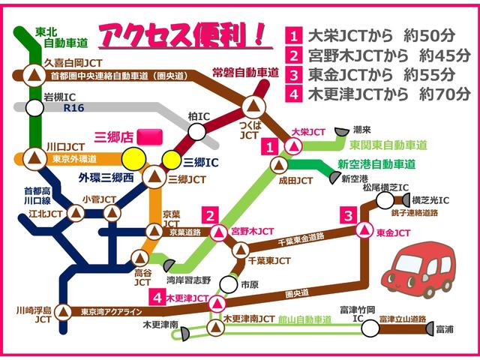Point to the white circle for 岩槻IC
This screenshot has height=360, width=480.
pyautogui.click(x=34, y=107)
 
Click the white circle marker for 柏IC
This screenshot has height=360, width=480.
pyautogui.click(x=196, y=132)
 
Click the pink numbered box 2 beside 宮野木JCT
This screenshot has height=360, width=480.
pyautogui.click(x=212, y=215)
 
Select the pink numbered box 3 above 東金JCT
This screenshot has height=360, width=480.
pyautogui.click(x=348, y=216)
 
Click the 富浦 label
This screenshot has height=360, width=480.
pyautogui.click(x=444, y=329)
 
